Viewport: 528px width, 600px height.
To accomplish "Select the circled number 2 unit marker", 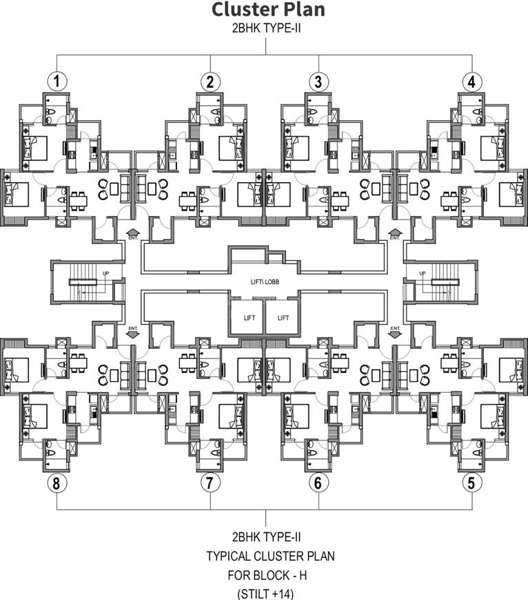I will [x=210, y=81].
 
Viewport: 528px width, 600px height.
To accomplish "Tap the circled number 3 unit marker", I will [x=318, y=81].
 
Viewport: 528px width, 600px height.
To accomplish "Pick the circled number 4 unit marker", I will [x=471, y=81].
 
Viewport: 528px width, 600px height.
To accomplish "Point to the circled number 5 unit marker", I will [x=471, y=483].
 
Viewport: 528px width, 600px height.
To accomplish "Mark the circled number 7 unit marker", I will [x=210, y=483].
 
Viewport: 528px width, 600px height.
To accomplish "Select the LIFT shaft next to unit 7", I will [x=246, y=318].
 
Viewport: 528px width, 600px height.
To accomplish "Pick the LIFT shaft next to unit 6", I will [x=283, y=318].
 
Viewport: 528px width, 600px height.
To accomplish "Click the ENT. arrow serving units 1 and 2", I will [x=133, y=233].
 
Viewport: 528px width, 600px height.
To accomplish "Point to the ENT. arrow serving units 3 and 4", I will [x=395, y=233].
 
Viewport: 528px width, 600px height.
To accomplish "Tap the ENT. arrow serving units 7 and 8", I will [x=133, y=332].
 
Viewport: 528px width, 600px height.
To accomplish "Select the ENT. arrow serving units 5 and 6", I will [x=395, y=332].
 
